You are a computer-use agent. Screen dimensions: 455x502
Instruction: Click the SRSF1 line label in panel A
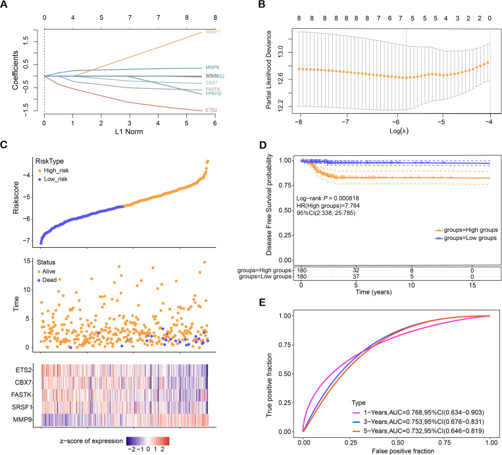[x=214, y=32]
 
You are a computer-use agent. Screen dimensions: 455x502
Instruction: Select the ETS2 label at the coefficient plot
[x=213, y=110]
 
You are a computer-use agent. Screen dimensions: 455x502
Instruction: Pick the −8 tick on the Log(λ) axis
[x=299, y=122]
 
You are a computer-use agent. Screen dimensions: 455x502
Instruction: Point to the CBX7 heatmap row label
[x=27, y=381]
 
